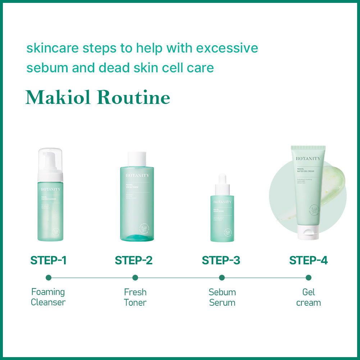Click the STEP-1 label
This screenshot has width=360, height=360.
coord(49,260)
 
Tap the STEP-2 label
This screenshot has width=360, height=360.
coord(134,260)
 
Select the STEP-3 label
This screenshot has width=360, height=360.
coord(221,260)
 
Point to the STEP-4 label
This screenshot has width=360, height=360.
coord(309,260)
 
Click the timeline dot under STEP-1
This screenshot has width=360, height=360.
coord(49,278)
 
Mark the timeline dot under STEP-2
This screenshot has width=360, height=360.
coord(135,278)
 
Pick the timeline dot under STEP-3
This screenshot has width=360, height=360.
coord(222,278)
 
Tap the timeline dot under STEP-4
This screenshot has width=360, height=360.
coord(309,278)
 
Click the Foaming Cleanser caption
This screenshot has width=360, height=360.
coord(48,297)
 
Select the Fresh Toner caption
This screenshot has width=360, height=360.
coord(135,297)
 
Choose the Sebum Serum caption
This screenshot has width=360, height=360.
coord(222,297)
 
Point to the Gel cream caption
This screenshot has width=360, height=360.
coord(309,297)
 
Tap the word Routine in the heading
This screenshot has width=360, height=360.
coord(134,97)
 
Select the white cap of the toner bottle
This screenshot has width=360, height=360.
coord(137,159)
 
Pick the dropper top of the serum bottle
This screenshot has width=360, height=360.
coord(222,183)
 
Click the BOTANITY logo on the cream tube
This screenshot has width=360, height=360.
coord(308,158)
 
